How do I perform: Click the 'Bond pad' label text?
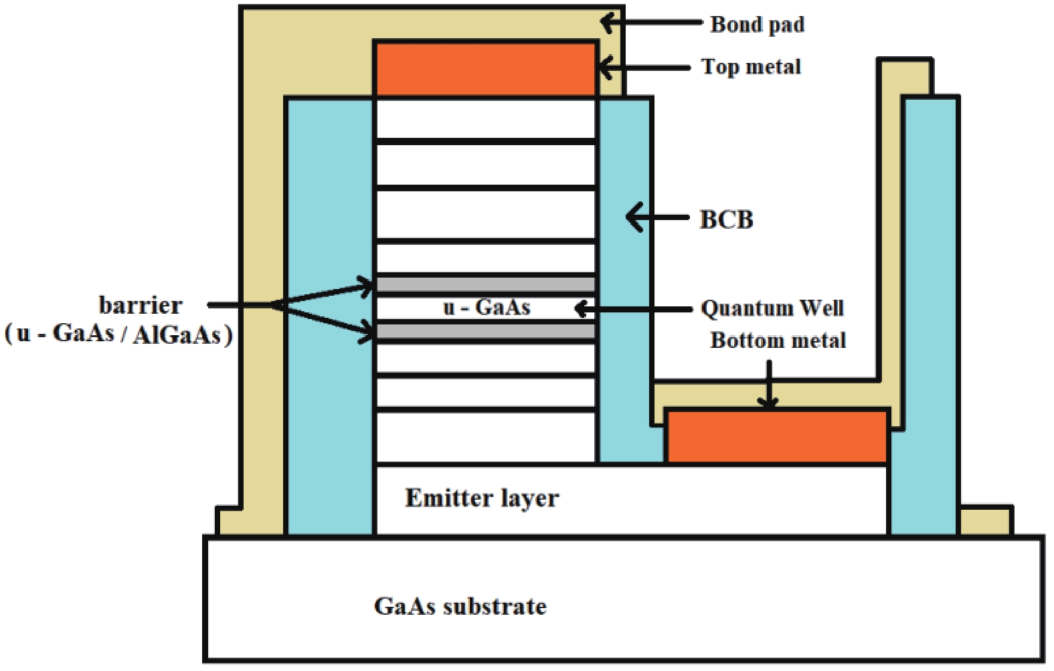pyautogui.click(x=757, y=25)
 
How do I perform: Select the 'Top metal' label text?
pyautogui.click(x=750, y=67)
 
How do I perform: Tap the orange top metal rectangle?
pyautogui.click(x=485, y=70)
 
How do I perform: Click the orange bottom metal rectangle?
pyautogui.click(x=777, y=436)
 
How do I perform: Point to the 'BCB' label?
pyautogui.click(x=726, y=219)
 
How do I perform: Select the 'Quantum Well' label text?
pyautogui.click(x=772, y=308)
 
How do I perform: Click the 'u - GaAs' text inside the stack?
pyautogui.click(x=487, y=308)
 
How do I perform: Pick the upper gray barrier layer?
pyautogui.click(x=485, y=284)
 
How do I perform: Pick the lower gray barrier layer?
pyautogui.click(x=485, y=331)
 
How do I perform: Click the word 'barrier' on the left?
pyautogui.click(x=141, y=305)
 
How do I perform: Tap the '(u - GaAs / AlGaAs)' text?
pyautogui.click(x=119, y=333)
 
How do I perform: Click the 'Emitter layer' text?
pyautogui.click(x=481, y=498)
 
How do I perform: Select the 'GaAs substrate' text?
pyautogui.click(x=460, y=606)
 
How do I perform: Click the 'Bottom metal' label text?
pyautogui.click(x=778, y=341)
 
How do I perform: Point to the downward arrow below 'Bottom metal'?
pyautogui.click(x=768, y=385)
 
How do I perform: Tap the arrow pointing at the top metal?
pyautogui.click(x=642, y=68)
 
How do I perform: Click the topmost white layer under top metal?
pyautogui.click(x=485, y=119)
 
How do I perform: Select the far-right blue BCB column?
pyautogui.click(x=930, y=314)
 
